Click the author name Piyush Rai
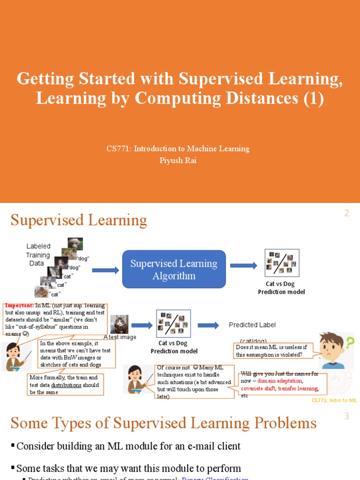pyautogui.click(x=177, y=160)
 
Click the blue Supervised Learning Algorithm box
pyautogui.click(x=174, y=270)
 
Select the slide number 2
pyautogui.click(x=347, y=213)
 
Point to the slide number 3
pyautogui.click(x=347, y=416)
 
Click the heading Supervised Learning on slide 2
pyautogui.click(x=79, y=220)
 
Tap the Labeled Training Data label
pyautogui.click(x=37, y=255)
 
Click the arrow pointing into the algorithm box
pyautogui.click(x=105, y=270)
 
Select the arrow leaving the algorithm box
pyautogui.click(x=243, y=266)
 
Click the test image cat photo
pyautogui.click(x=120, y=324)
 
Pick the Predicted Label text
pyautogui.click(x=252, y=325)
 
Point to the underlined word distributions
pyautogui.click(x=66, y=385)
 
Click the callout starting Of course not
pyautogui.click(x=194, y=382)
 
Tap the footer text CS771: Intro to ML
pyautogui.click(x=334, y=400)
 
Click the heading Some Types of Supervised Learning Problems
pyautogui.click(x=164, y=423)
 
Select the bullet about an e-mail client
pyautogui.click(x=128, y=446)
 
